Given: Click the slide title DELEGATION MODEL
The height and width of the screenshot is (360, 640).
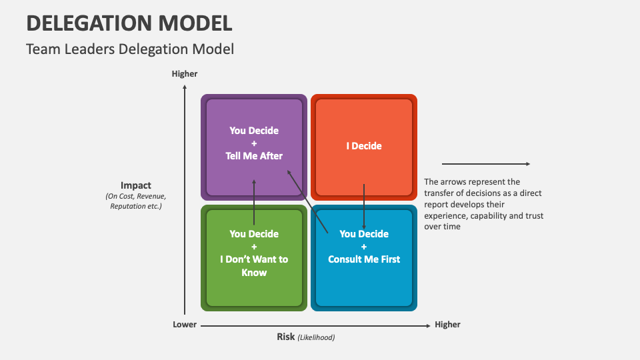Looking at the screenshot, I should pos(129,23).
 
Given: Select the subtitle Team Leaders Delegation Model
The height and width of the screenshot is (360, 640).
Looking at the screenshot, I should pos(130,49).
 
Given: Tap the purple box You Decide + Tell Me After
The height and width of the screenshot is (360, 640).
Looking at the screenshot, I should pos(254,120).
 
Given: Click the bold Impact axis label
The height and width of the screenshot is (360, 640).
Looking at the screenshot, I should pos(136,185).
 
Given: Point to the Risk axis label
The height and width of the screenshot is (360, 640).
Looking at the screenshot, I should pos(285,337).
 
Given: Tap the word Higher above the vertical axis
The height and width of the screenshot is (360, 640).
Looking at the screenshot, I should pos(185,74).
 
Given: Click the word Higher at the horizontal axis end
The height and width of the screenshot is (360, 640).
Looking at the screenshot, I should pos(447,325).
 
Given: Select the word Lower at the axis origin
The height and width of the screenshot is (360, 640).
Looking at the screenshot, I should pos(185,325).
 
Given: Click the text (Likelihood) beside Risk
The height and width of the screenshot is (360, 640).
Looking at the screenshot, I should pos(316,337).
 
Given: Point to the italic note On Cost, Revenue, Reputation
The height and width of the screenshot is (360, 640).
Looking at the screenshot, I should pos(136,201).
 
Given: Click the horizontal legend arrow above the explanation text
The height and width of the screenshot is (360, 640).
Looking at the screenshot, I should pos(485,163).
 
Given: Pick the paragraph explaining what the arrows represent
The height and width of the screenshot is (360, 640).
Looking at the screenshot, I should pos(483,204).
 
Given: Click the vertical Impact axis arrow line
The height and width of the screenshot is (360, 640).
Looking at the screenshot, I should pos(185,200).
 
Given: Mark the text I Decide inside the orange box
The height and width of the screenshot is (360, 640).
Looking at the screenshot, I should pos(364,145).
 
